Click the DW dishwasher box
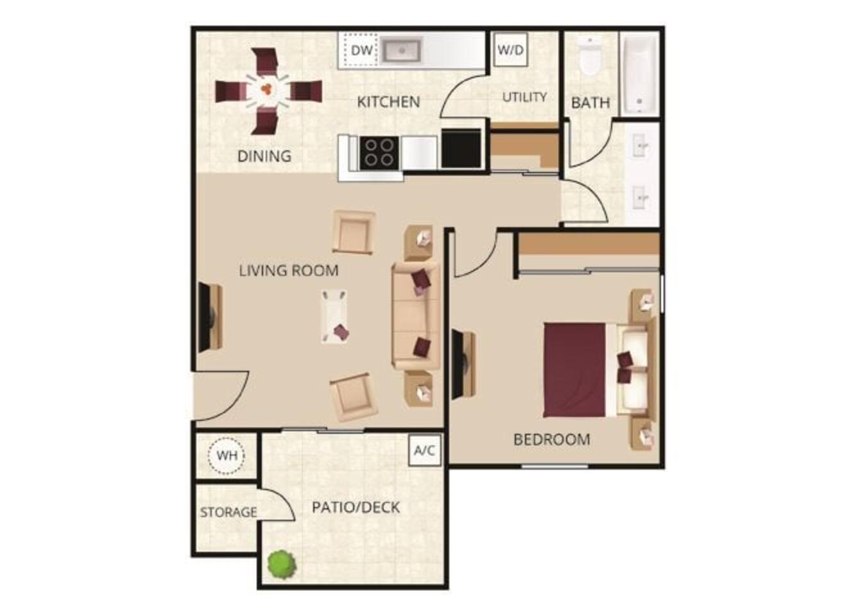pos(361,50)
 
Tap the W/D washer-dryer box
pos(511,49)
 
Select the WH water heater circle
pos(227,456)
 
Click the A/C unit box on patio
pos(424,450)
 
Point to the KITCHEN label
pos(388,102)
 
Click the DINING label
pos(264,156)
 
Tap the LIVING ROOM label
pos(288,270)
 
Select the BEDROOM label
pos(552,440)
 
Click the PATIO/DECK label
pos(356,508)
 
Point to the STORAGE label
pos(228,512)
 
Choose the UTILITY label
pos(524,97)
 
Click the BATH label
pos(590,103)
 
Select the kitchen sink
pos(401,50)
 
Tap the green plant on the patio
pos(282,564)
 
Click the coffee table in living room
pos(335,316)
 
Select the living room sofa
pos(416,316)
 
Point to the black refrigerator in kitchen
pos(461,149)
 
